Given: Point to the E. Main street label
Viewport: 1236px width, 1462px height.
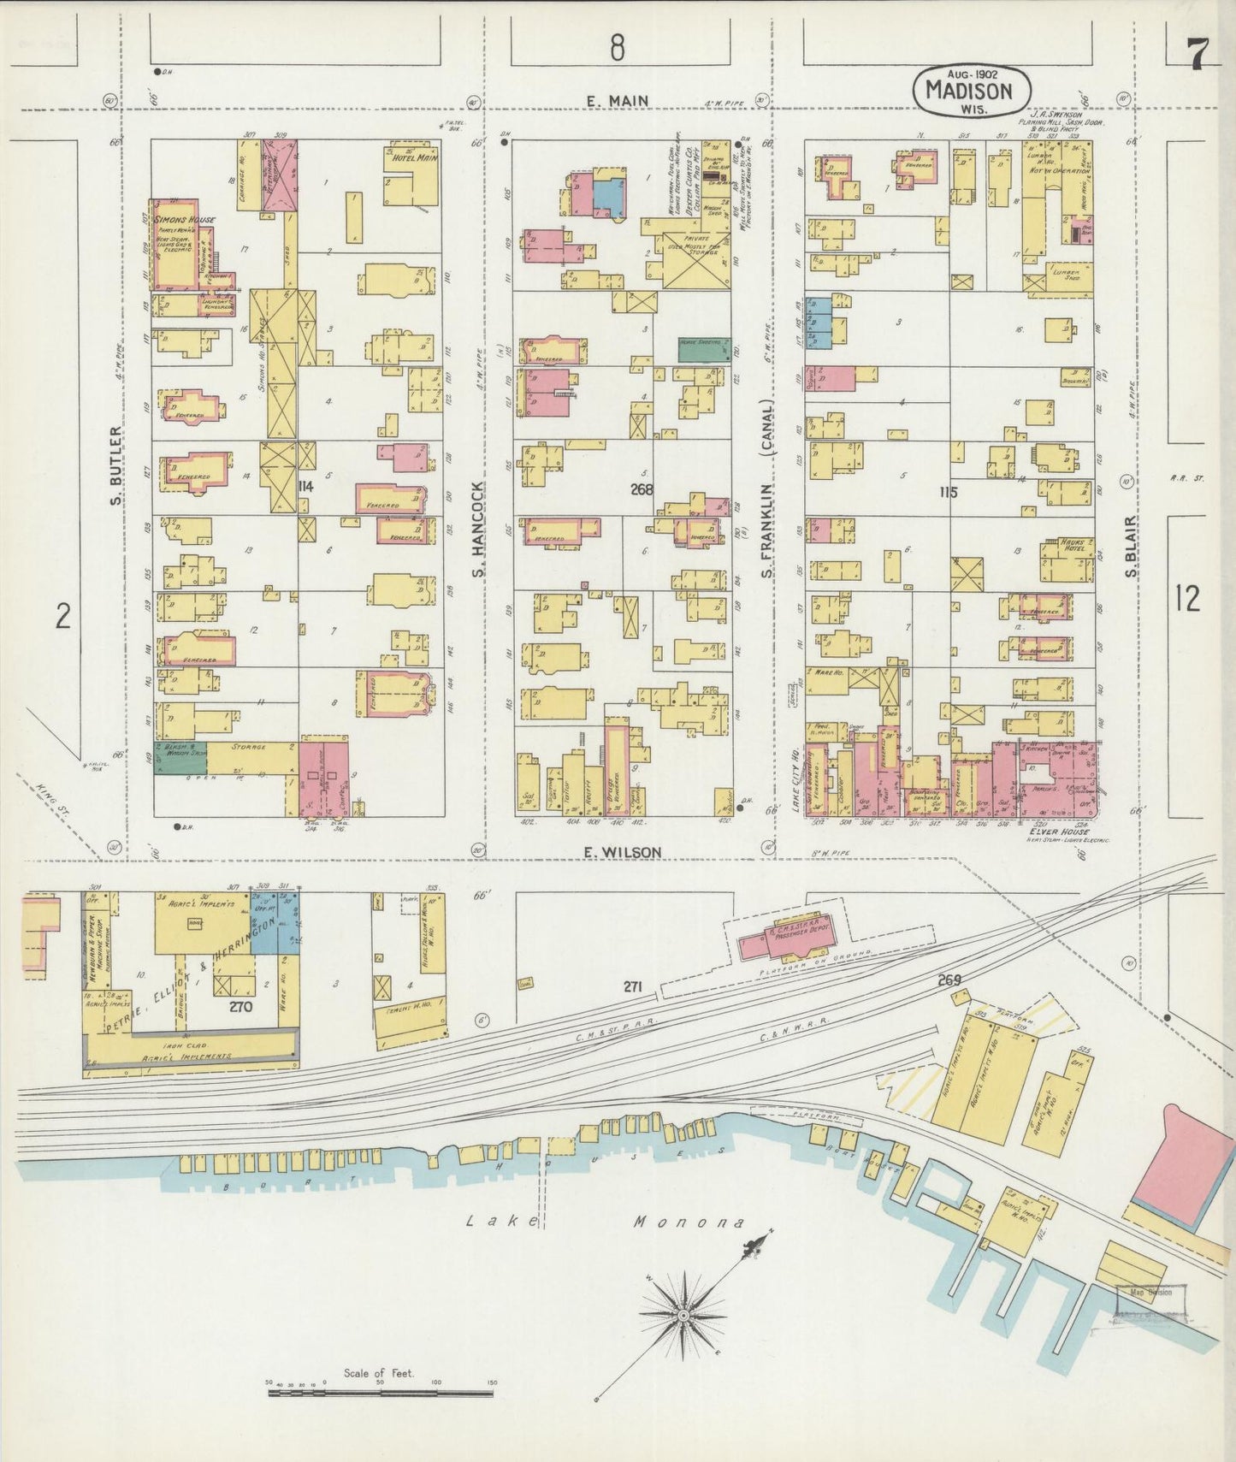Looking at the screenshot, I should pos(618,101).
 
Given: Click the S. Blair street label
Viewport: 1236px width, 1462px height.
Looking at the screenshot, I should pos(1131,545).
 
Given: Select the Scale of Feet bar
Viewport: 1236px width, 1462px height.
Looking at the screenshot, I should pos(380,1393).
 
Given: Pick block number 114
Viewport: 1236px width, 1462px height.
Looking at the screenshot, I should pos(305,486).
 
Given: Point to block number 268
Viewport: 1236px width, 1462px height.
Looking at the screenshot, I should pos(641,489).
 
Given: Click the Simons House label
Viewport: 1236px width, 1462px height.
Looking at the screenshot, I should pos(182,221).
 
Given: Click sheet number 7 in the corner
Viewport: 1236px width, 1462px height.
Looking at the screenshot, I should pos(1195,56).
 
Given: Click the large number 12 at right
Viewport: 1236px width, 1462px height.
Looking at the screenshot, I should pos(1187,598).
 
